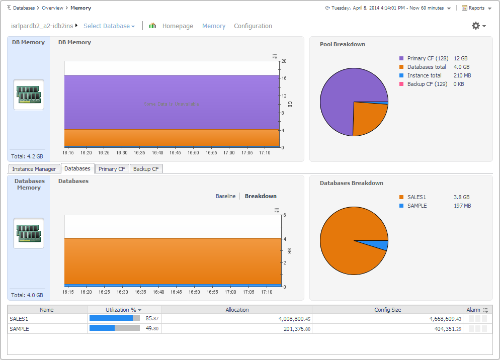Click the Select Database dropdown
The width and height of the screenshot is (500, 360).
(109, 26)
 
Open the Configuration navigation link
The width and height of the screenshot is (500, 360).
(253, 26)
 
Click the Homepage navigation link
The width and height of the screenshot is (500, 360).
(178, 26)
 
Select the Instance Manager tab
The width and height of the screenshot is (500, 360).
(34, 169)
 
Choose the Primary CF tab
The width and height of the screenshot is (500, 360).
(112, 169)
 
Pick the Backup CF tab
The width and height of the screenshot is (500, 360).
(146, 169)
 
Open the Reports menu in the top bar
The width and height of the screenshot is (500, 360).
(476, 8)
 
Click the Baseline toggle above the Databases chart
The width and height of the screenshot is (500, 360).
(225, 196)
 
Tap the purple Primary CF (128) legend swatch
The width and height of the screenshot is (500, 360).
(401, 58)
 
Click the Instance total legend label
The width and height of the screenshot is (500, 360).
(425, 75)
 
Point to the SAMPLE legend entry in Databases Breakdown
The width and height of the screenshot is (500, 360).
(417, 206)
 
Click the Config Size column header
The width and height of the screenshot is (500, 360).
(387, 310)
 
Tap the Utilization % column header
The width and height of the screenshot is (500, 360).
(121, 310)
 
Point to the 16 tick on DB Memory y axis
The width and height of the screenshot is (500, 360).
(284, 78)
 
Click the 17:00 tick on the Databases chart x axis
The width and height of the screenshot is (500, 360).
(230, 292)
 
